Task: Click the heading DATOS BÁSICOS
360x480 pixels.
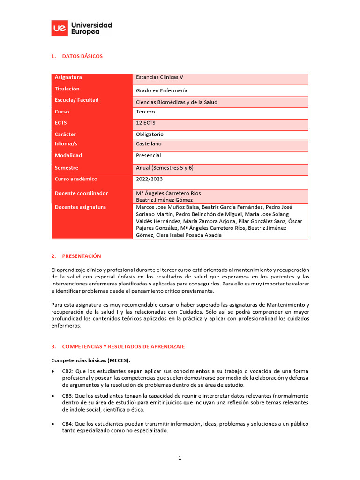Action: point(82,56)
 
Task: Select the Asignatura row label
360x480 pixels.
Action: point(68,77)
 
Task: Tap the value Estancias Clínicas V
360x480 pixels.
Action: point(160,77)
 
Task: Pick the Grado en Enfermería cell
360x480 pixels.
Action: point(161,90)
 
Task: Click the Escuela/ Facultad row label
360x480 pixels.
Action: point(77,100)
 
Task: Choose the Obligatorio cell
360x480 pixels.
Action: point(150,134)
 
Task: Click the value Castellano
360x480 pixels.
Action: point(149,144)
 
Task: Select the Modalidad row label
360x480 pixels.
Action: point(68,155)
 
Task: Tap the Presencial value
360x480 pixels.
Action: point(149,155)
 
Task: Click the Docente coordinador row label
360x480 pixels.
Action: point(81,193)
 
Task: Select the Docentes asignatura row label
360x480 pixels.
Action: point(80,207)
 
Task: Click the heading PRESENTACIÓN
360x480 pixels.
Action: point(82,256)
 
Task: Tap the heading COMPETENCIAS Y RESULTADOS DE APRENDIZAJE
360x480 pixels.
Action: point(123,346)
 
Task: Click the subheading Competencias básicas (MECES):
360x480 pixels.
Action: point(90,360)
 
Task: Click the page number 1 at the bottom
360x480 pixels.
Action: point(180,458)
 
